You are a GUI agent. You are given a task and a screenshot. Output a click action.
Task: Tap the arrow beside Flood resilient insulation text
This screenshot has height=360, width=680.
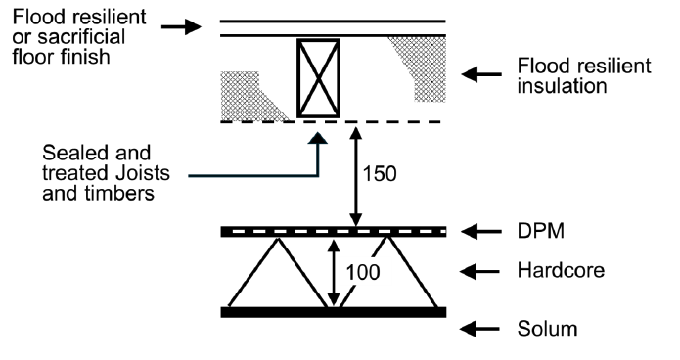485,74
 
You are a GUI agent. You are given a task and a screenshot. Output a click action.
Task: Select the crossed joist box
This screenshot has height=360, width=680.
318,77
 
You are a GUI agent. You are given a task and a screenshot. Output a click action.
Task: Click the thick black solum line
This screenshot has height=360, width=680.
333,313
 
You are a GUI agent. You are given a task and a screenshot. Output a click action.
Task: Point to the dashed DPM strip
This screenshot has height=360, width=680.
333,232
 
